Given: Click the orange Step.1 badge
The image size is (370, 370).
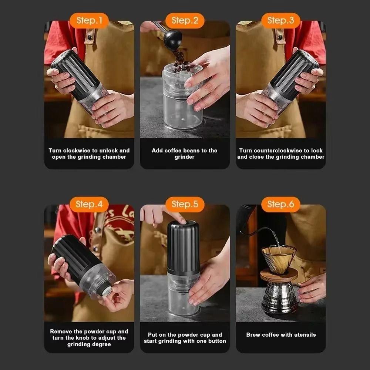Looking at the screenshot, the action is [89, 20].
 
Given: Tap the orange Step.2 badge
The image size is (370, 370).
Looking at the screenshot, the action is [185, 20].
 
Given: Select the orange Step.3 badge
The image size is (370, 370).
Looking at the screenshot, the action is [280, 20].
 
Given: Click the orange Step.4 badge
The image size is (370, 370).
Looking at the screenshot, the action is [89, 204].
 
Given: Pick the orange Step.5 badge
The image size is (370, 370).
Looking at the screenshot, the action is [185, 204].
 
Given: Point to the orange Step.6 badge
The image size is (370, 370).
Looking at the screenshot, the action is [280, 204].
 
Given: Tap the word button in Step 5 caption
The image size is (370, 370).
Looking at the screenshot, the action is [217, 341].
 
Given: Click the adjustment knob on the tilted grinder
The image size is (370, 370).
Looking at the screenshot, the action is [106, 290].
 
